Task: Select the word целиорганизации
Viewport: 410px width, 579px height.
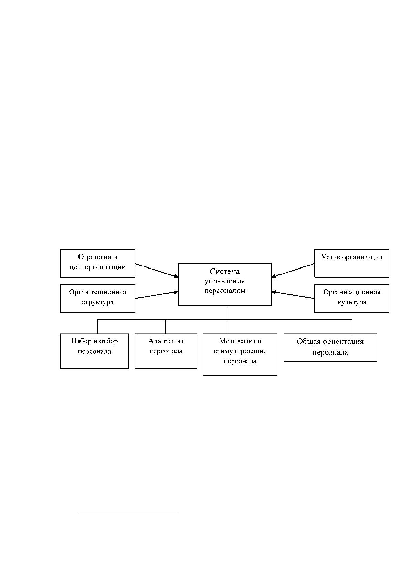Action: coord(97,267)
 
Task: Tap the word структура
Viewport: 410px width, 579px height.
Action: coord(97,302)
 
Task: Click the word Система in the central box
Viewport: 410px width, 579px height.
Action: coord(225,271)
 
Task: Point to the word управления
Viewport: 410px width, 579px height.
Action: coord(225,281)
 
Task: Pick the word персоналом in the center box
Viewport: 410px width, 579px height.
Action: coord(225,291)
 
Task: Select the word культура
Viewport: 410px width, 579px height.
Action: coord(352,302)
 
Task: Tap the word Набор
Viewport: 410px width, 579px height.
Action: coord(81,341)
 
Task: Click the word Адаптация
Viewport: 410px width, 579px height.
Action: coord(166,341)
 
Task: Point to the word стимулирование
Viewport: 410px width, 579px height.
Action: coord(240,351)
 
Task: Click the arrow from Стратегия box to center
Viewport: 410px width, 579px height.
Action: coord(157,271)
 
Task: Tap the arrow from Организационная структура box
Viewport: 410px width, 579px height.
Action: coord(157,295)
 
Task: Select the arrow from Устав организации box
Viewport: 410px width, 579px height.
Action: coord(293,271)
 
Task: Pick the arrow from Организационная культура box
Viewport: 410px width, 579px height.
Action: coord(293,295)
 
